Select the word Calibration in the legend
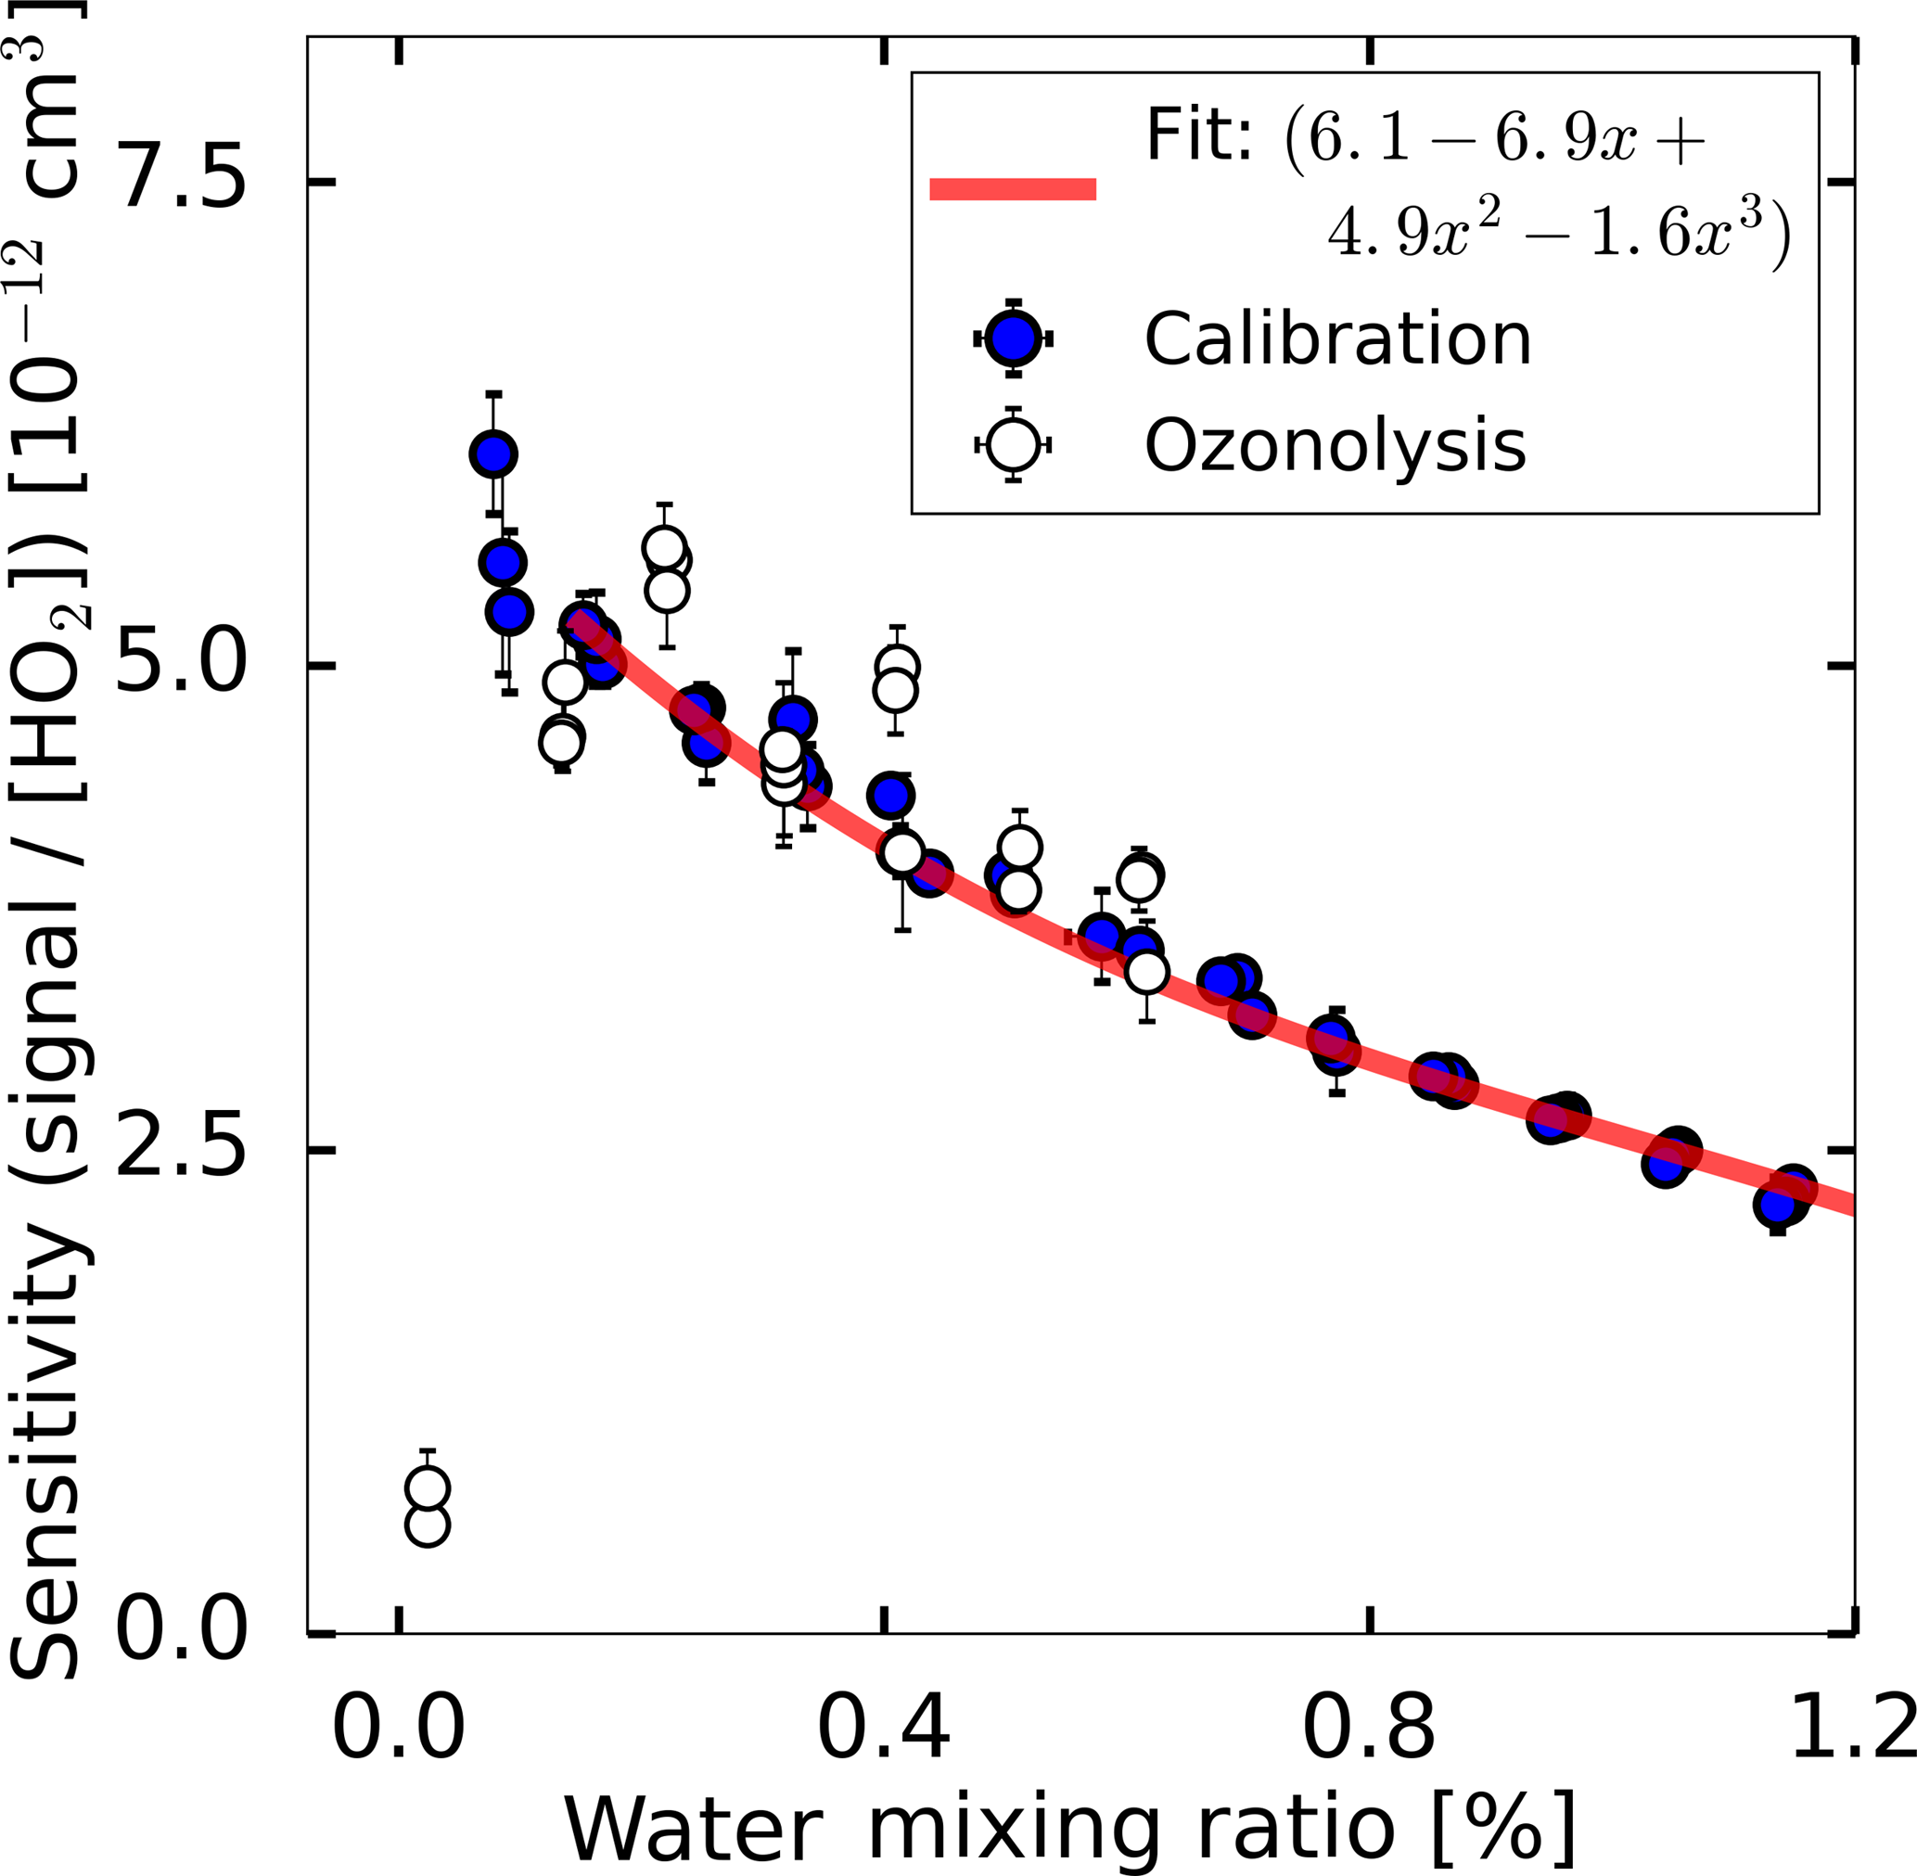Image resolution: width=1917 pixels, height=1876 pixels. click(x=1337, y=339)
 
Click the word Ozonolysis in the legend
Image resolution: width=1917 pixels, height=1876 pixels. click(x=1335, y=445)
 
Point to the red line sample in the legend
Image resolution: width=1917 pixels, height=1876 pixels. click(x=1013, y=189)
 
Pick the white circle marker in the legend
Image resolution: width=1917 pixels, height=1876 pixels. click(x=1013, y=444)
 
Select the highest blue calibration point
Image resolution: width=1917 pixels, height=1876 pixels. click(x=493, y=454)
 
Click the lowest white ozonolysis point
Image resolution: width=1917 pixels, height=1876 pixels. click(x=427, y=1525)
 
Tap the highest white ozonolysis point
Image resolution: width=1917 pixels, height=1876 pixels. click(x=664, y=547)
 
